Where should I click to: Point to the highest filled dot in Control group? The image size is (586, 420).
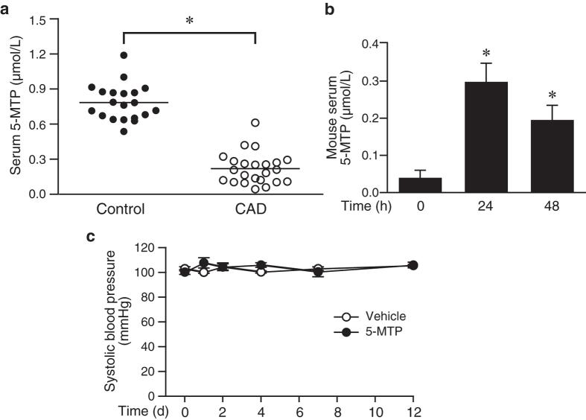pos(124,55)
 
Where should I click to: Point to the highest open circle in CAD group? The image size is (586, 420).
pos(255,123)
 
